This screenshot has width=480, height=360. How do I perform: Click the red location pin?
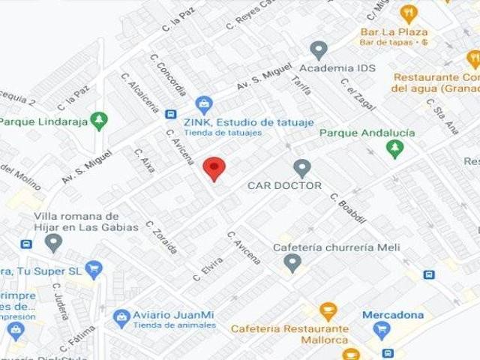coord(214,169)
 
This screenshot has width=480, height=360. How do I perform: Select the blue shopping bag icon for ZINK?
coord(203,106)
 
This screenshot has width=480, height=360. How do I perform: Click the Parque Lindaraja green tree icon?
coord(98,121)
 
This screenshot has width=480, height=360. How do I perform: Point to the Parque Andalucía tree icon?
coord(394,148)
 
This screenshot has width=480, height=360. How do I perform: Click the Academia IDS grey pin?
coord(319,50)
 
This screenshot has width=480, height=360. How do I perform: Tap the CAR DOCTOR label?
coord(284,185)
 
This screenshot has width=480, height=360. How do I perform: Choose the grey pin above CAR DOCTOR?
coord(302,168)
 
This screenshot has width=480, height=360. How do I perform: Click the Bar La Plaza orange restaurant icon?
coord(408,13)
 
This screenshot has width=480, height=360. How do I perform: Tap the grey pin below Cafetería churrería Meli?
coord(293,262)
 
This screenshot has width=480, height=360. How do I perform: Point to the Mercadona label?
coord(393,315)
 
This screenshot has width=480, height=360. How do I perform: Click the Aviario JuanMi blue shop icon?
coord(121,319)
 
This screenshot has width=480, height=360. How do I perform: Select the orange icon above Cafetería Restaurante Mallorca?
coord(328,310)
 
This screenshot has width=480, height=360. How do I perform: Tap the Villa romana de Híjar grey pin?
coord(53,242)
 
